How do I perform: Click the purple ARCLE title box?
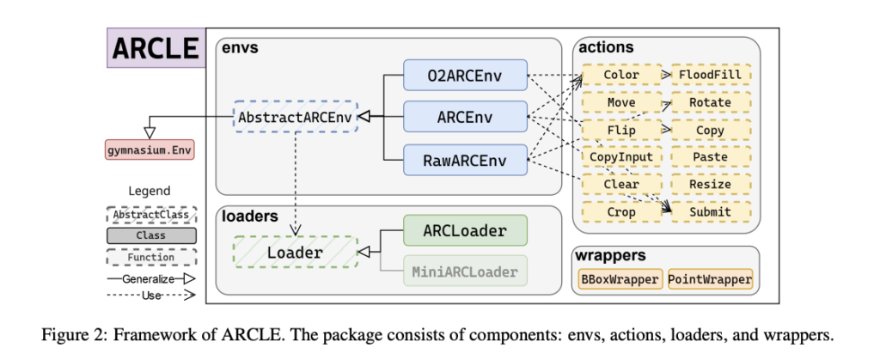point(156,48)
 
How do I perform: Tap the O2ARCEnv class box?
point(464,75)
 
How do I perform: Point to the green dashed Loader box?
point(295,253)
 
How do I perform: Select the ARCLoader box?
point(464,231)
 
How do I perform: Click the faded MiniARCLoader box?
point(464,272)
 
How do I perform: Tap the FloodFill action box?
point(711,75)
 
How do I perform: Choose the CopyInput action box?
point(621,157)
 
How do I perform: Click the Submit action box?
point(711,211)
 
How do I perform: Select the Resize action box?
point(711,184)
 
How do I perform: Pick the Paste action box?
point(711,157)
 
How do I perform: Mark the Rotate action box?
point(711,102)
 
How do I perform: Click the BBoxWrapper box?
point(620,279)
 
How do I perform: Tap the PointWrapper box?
point(710,279)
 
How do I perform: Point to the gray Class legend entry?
point(150,235)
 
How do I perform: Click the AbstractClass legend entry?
point(150,213)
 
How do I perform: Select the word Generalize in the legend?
point(145,278)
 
